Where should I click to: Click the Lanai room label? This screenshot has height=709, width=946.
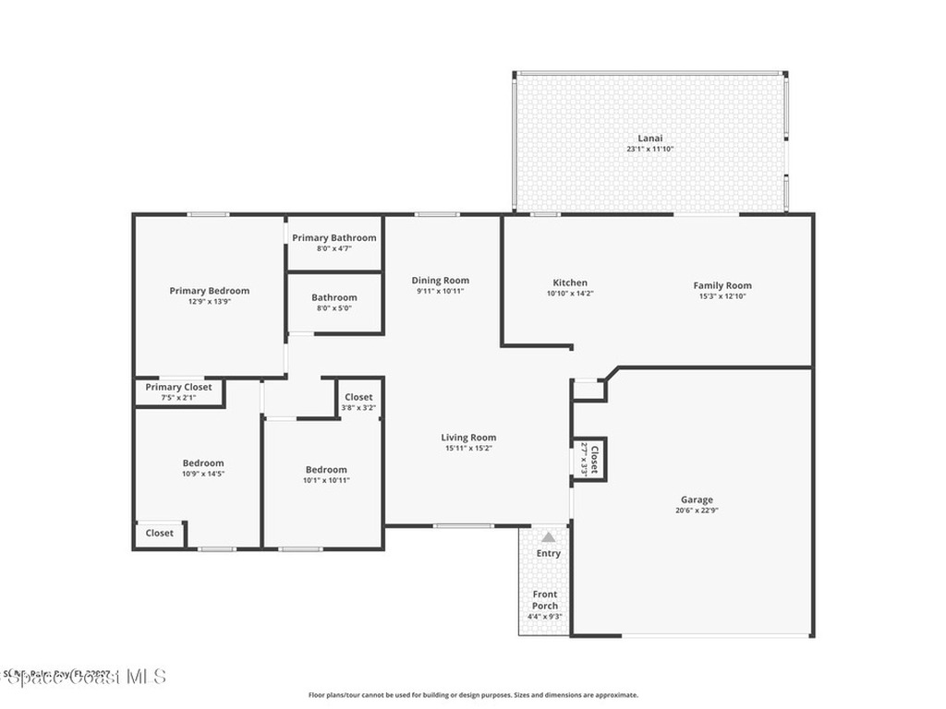[649, 138]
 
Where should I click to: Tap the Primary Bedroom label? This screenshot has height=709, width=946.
[209, 291]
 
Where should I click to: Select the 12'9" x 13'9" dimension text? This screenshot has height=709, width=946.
[209, 302]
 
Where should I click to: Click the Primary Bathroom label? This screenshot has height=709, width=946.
[334, 238]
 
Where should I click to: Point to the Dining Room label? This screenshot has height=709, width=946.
[440, 281]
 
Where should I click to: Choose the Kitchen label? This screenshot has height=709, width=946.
[570, 283]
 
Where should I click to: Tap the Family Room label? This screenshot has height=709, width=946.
[722, 286]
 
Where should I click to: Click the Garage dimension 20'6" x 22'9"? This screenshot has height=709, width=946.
[697, 511]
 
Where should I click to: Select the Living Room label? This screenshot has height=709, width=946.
[468, 438]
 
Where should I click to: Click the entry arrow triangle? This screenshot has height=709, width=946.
[549, 536]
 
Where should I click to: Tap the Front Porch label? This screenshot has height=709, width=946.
[545, 600]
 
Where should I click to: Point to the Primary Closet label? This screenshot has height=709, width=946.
[178, 388]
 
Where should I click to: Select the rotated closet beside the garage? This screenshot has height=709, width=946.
[589, 460]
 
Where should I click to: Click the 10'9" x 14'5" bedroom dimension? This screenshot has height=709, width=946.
[202, 475]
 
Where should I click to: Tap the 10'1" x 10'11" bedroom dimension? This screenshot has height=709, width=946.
[326, 480]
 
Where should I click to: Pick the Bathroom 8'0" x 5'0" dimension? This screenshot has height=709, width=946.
[334, 308]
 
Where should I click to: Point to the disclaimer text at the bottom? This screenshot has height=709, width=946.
[472, 695]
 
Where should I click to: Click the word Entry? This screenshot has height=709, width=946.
[549, 554]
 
